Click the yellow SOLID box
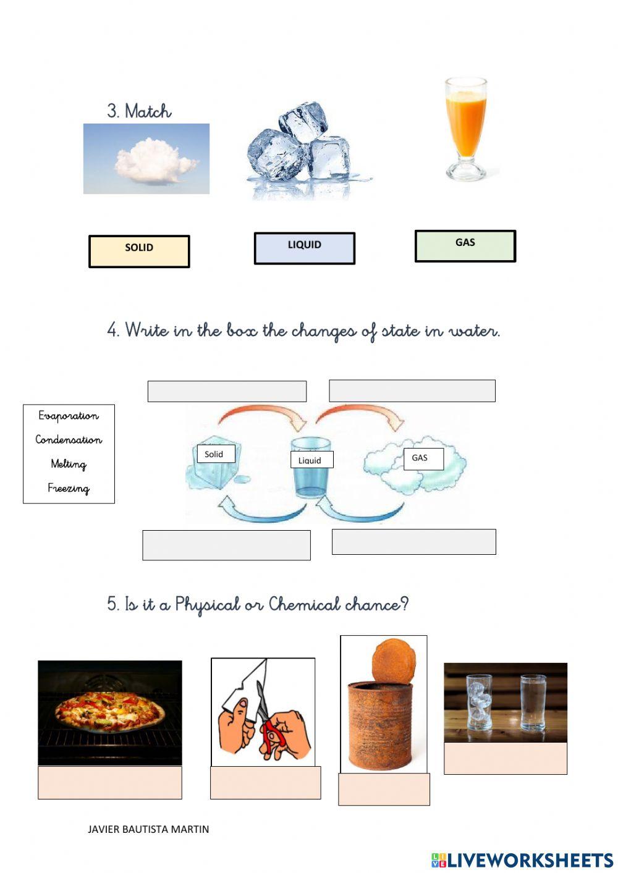click(x=139, y=251)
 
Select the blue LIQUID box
click(x=305, y=248)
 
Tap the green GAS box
click(x=465, y=246)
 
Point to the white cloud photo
click(x=146, y=159)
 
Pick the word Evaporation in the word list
click(x=69, y=416)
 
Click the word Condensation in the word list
click(x=69, y=440)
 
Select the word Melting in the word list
click(x=69, y=464)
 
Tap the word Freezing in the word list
click(x=69, y=488)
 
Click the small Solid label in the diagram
click(x=214, y=454)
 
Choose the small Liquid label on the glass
click(x=311, y=460)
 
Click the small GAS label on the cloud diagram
click(x=423, y=458)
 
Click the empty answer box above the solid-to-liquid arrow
click(x=227, y=391)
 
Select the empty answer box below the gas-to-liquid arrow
click(x=413, y=541)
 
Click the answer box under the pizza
click(x=109, y=783)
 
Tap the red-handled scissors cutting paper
click(x=270, y=725)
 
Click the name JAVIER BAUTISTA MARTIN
click(x=148, y=829)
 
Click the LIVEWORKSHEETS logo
click(x=522, y=859)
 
